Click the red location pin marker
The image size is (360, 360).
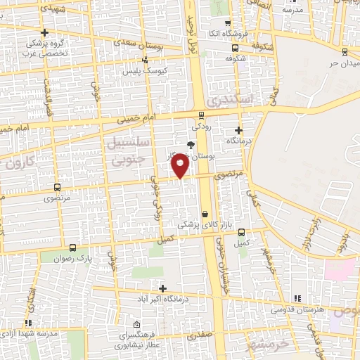click(x=181, y=166)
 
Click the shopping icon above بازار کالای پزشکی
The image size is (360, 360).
click(x=205, y=214)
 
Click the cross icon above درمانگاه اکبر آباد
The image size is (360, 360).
click(x=163, y=288)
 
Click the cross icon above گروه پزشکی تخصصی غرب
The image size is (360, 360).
click(x=44, y=32)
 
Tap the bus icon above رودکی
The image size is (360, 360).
click(x=202, y=115)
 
